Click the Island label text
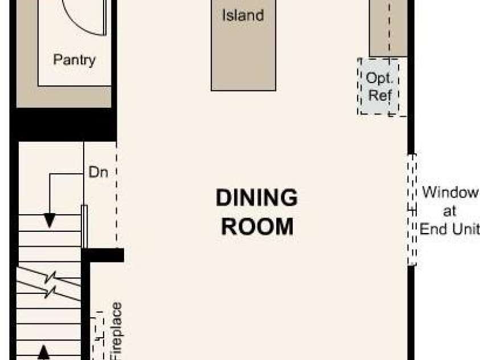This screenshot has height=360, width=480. (243, 15)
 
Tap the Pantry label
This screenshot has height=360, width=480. (75, 60)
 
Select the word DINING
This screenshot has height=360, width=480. (257, 198)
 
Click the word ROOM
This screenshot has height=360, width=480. (257, 227)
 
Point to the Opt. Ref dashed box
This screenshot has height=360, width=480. (379, 87)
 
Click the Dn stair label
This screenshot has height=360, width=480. (98, 172)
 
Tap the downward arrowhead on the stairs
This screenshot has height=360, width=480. (50, 220)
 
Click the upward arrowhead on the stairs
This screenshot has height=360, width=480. (43, 353)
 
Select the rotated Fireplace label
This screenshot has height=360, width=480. (117, 331)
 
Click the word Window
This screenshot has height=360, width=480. (450, 193)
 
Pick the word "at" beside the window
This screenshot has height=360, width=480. (449, 211)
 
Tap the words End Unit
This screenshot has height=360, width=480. (449, 229)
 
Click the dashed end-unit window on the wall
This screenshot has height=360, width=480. (412, 210)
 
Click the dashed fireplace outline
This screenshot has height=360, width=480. (98, 336)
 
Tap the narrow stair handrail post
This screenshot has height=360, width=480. (84, 227)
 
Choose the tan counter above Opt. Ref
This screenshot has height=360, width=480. (388, 28)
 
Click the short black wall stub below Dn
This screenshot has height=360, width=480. (103, 255)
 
